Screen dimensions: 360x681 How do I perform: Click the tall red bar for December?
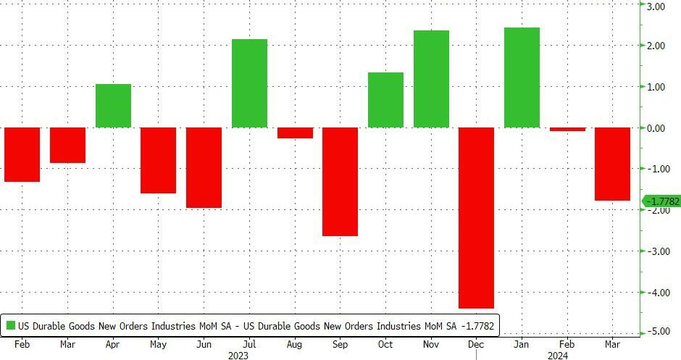click(x=477, y=217)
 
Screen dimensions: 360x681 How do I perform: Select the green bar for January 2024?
click(x=522, y=78)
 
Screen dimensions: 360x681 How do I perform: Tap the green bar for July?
click(x=249, y=83)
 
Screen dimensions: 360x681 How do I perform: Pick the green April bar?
click(x=113, y=106)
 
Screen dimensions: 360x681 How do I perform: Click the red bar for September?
click(x=340, y=181)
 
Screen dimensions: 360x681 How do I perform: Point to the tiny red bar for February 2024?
click(x=567, y=130)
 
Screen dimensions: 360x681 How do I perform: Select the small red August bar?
click(x=295, y=133)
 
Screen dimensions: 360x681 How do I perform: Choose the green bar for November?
click(x=431, y=79)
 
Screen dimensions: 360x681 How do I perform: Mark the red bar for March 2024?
click(x=613, y=164)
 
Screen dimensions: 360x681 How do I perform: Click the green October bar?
click(x=385, y=100)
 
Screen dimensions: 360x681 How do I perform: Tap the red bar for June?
click(x=204, y=167)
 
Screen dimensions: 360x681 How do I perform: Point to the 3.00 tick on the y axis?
click(x=656, y=7)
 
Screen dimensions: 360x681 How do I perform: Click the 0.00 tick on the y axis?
click(x=656, y=128)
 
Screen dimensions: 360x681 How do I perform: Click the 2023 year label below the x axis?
click(x=238, y=355)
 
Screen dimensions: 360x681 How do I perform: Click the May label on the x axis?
click(x=158, y=344)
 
